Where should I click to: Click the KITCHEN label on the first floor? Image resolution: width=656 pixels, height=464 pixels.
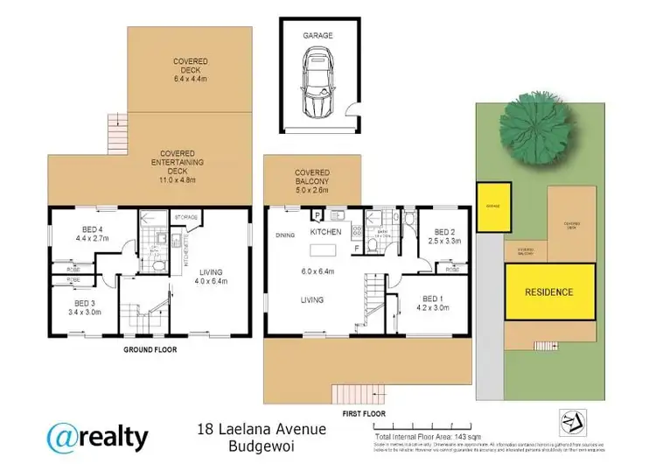325,233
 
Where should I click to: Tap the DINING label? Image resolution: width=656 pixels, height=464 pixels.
284,235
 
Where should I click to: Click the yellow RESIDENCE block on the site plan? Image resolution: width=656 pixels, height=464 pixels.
548,292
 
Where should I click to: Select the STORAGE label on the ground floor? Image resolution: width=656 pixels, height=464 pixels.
185,216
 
